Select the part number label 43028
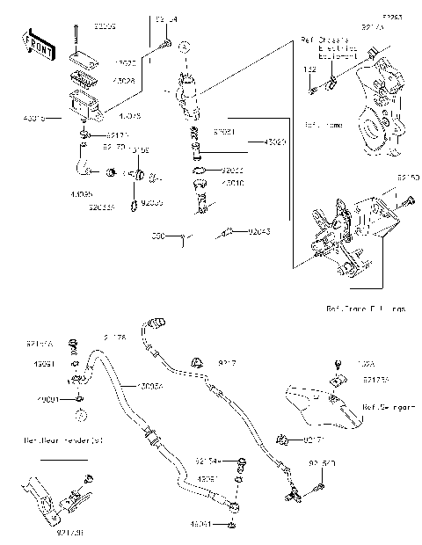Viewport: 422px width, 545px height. (x=126, y=81)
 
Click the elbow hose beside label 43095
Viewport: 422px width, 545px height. (x=82, y=163)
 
